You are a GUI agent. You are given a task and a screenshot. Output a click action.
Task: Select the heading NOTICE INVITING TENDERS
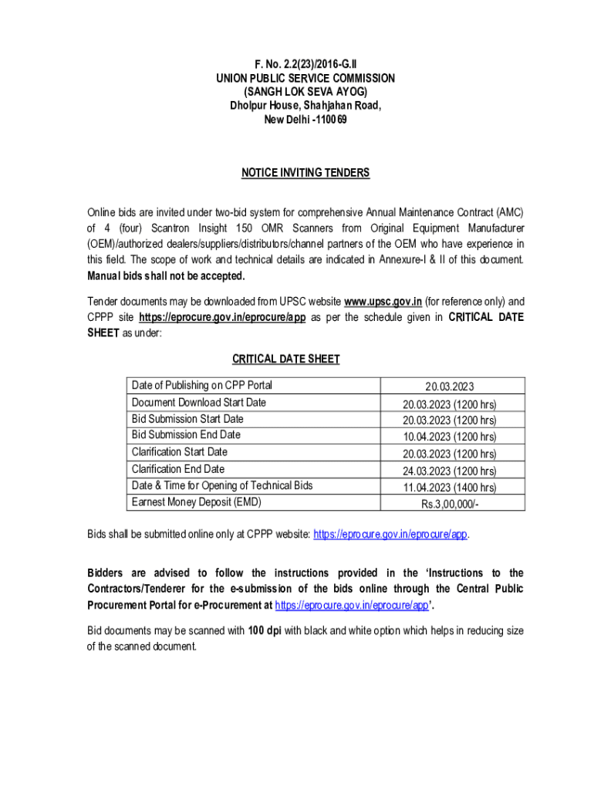click(x=305, y=173)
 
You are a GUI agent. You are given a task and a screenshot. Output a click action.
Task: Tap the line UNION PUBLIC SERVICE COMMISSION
click(x=305, y=78)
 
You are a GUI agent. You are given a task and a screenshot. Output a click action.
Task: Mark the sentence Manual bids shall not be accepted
click(x=166, y=275)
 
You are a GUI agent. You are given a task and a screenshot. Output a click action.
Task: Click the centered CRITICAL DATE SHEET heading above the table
click(x=286, y=359)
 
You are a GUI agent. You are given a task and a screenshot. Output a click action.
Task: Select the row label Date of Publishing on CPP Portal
click(x=202, y=385)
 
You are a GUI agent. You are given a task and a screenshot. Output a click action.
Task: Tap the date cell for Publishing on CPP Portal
click(x=449, y=386)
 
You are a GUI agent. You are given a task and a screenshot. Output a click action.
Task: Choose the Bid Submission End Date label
click(x=186, y=435)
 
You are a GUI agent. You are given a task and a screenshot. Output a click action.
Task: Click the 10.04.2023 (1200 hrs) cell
click(x=449, y=437)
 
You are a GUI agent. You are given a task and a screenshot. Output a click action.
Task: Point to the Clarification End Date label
click(x=178, y=469)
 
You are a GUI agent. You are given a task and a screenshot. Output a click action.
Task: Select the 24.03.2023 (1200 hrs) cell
click(x=449, y=471)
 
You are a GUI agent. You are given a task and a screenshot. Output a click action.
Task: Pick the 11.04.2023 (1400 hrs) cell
click(x=449, y=488)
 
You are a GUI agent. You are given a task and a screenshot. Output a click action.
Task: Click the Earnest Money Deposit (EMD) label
click(x=197, y=502)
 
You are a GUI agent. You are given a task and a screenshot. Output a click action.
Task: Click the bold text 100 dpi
click(x=265, y=630)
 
